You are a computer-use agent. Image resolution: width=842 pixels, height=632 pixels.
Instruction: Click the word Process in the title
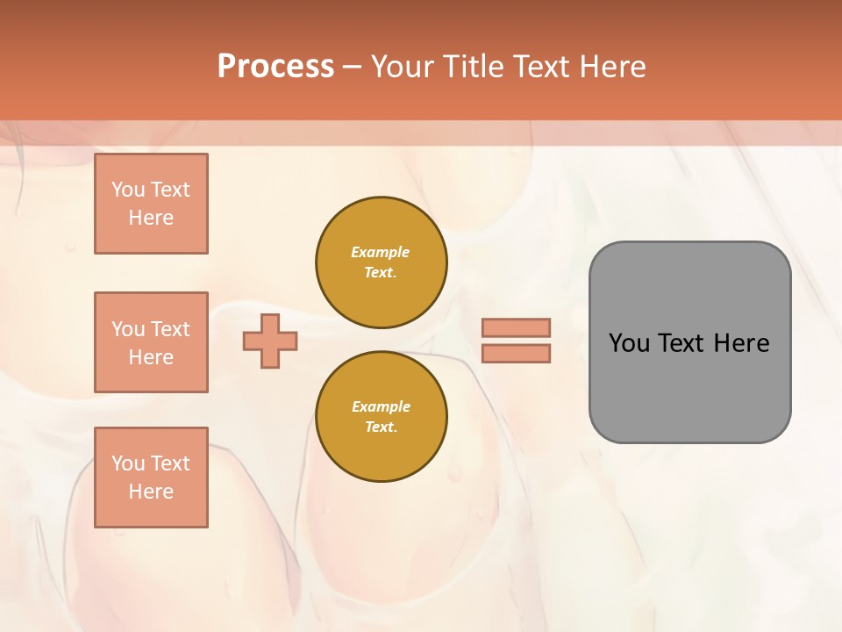(275, 67)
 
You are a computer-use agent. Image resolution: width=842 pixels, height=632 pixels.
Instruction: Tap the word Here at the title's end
(612, 67)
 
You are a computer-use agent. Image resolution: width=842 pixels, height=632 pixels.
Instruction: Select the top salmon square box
(151, 204)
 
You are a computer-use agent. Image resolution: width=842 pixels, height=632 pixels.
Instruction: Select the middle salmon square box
(151, 342)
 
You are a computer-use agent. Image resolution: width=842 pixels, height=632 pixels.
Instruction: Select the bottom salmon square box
(151, 478)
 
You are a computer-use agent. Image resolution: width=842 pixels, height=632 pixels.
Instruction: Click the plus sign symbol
(270, 341)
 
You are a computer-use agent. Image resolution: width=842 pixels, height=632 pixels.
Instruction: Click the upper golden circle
(381, 262)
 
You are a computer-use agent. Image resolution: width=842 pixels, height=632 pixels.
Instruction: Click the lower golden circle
(381, 417)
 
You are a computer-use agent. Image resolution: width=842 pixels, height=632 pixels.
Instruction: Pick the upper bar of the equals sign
(516, 327)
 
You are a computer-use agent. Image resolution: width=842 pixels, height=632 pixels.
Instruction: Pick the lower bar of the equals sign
(516, 354)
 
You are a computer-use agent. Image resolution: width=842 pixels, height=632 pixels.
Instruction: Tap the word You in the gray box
(629, 343)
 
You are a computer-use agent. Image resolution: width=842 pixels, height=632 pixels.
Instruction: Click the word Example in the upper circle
(381, 252)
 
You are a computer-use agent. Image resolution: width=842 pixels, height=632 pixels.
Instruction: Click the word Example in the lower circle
(381, 406)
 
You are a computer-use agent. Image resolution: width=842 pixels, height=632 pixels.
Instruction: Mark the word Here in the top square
(151, 218)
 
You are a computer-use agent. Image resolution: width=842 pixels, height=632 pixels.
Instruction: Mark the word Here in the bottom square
(151, 492)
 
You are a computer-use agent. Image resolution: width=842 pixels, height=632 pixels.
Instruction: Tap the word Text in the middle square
(170, 329)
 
